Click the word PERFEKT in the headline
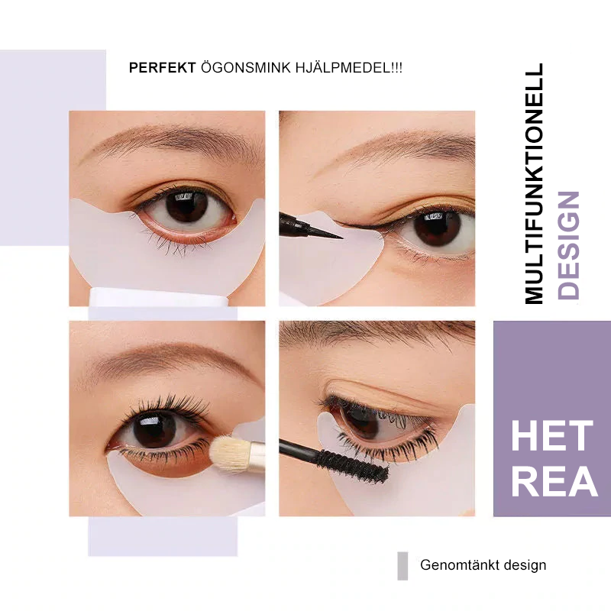pyautogui.click(x=161, y=68)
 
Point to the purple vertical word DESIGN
pyautogui.click(x=569, y=244)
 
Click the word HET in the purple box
pyautogui.click(x=551, y=437)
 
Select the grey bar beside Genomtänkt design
pyautogui.click(x=402, y=566)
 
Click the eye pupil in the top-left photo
pyautogui.click(x=186, y=205)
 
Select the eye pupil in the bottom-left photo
pyautogui.click(x=154, y=431)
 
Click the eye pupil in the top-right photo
pyautogui.click(x=439, y=228)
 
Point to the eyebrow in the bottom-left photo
pyautogui.click(x=164, y=356)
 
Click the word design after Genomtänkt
pyautogui.click(x=524, y=565)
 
